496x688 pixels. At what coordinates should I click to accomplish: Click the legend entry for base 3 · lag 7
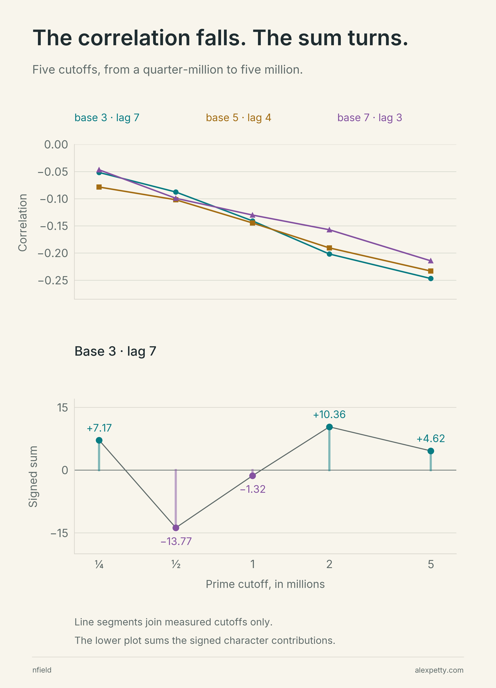107,118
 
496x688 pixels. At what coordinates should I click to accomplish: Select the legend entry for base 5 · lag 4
238,118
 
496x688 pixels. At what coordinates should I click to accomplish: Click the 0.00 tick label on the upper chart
56,145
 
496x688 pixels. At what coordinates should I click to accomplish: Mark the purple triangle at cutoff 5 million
430,261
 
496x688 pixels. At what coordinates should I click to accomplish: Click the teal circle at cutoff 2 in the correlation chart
329,254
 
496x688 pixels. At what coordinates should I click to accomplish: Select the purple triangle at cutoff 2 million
329,230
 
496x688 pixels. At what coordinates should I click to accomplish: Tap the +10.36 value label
329,415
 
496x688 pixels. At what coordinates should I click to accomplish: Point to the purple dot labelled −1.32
252,476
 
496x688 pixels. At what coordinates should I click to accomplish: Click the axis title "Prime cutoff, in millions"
265,584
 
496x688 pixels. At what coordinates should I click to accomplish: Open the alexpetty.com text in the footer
439,670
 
